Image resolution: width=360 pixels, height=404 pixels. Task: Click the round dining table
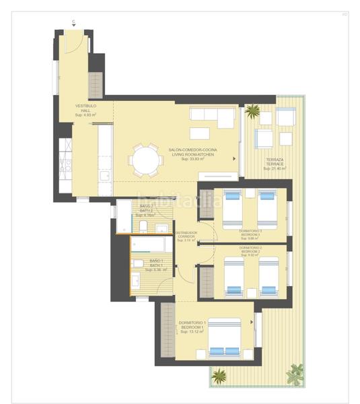pos(145,161)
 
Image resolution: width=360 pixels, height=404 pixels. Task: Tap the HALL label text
pos(86,110)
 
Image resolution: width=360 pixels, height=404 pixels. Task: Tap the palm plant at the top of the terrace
pos(253,110)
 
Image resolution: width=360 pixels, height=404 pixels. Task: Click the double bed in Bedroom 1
pos(225,337)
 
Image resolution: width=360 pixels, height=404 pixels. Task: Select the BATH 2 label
pos(147,211)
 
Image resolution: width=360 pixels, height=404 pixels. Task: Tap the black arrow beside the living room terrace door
pos(233,159)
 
